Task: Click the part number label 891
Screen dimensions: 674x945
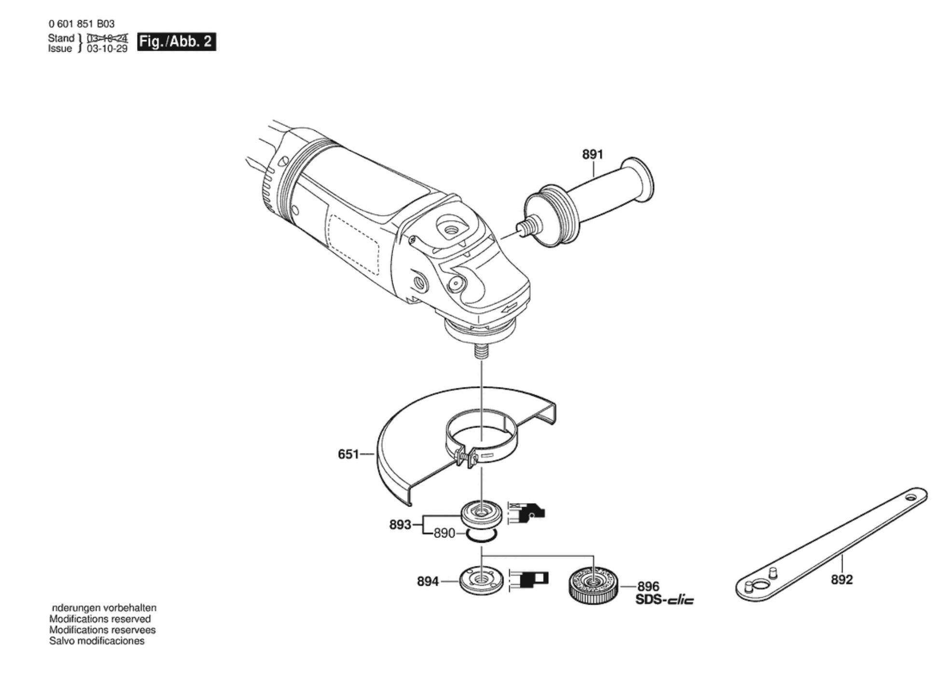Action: point(592,154)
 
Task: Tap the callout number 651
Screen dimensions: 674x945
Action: point(348,454)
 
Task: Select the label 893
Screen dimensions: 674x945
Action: point(400,524)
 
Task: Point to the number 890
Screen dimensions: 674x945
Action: point(444,534)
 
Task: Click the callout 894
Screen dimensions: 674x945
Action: point(428,582)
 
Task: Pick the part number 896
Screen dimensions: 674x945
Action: point(648,587)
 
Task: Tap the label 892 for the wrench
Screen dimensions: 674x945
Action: point(842,579)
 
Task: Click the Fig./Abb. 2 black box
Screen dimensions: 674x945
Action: point(176,42)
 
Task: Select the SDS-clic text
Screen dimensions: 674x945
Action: point(664,600)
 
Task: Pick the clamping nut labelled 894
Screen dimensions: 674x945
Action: point(481,580)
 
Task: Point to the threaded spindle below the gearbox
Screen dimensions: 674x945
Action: point(481,350)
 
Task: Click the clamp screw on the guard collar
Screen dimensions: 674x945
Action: point(464,456)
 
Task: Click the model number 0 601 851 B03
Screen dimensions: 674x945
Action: point(82,24)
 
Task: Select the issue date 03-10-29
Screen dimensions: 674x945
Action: point(107,49)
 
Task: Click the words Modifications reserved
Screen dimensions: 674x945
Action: point(100,619)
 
